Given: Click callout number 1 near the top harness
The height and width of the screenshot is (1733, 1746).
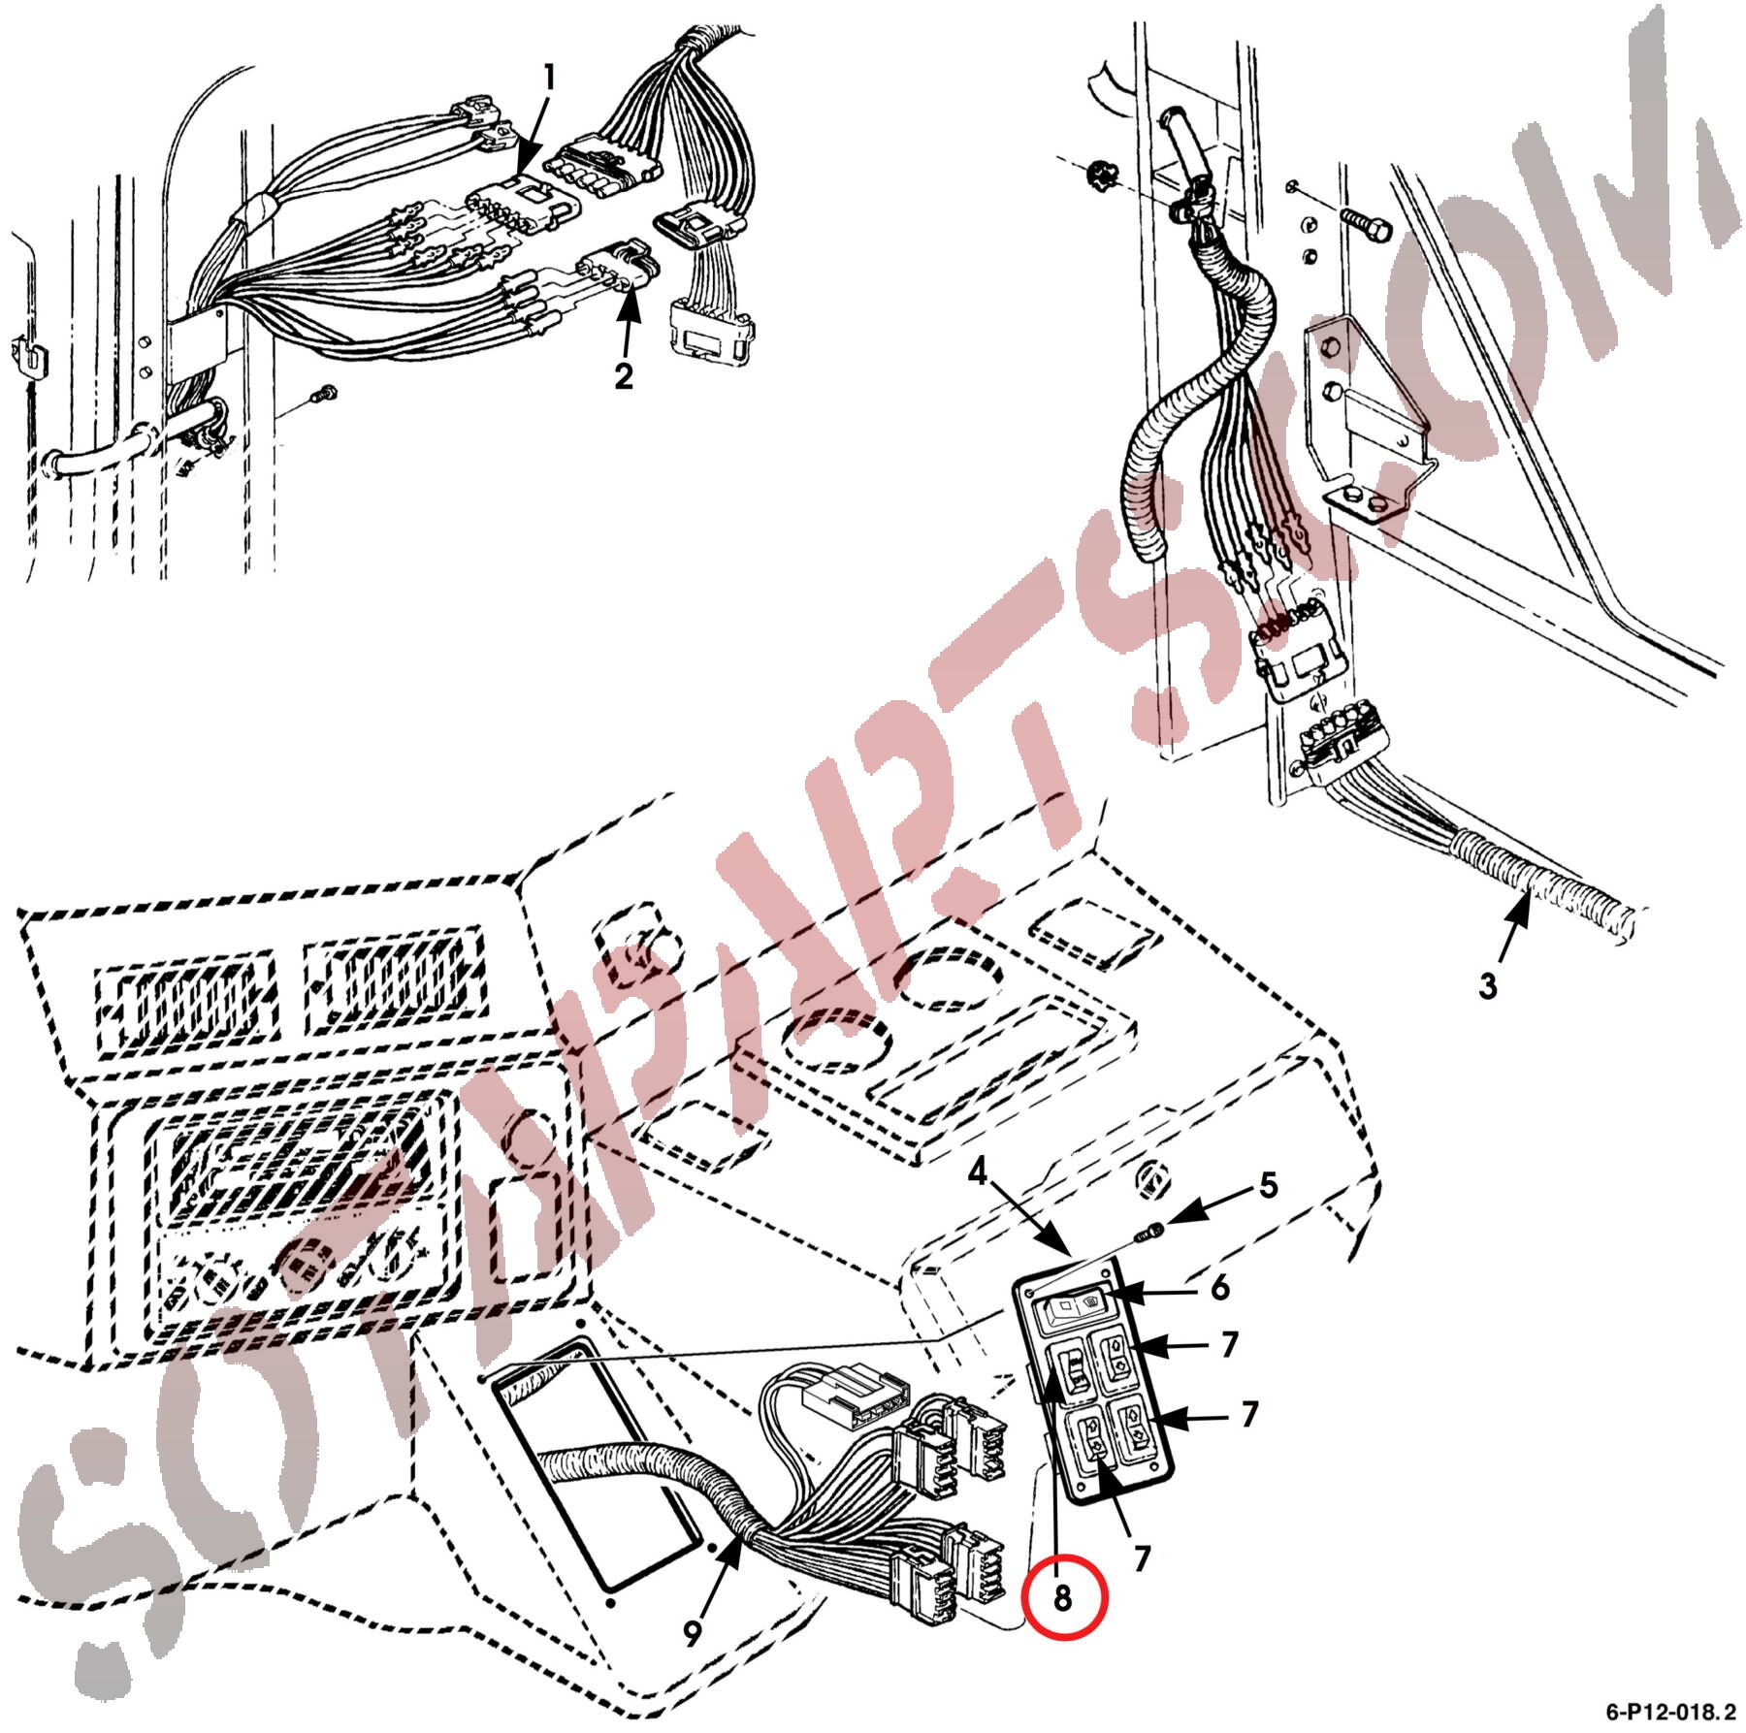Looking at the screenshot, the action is click(549, 79).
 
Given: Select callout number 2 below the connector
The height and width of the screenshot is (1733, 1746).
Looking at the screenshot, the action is click(624, 374).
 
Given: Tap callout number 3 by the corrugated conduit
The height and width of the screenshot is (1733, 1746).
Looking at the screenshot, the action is click(1487, 986).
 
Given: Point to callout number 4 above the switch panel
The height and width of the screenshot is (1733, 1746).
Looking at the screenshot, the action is click(977, 1173).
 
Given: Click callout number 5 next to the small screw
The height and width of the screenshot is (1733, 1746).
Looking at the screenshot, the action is click(1269, 1185).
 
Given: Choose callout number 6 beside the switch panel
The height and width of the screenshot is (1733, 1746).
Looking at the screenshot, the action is click(1219, 1288).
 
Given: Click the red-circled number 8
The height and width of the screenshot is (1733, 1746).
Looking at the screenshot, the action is click(1063, 1597).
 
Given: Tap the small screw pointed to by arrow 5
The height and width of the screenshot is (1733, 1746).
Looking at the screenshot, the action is click(1149, 1231).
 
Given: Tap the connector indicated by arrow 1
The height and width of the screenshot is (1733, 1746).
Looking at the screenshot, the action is click(522, 206).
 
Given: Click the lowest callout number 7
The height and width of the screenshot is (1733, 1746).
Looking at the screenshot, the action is click(1142, 1558).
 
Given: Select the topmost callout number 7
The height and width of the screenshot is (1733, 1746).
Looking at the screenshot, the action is click(1229, 1344).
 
